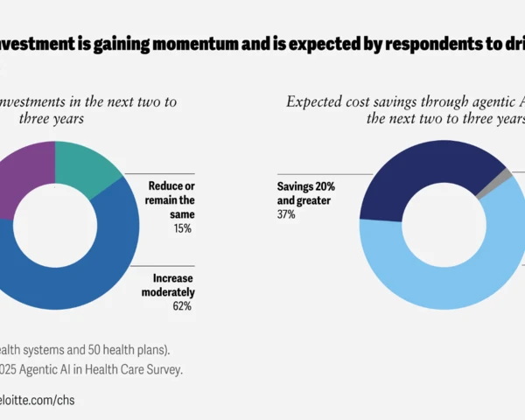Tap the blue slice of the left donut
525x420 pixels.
tap(96, 262)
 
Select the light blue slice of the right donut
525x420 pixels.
tap(437, 280)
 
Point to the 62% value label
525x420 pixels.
tap(182, 305)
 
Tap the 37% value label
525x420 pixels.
tap(287, 214)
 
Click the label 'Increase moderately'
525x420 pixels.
tap(168, 285)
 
